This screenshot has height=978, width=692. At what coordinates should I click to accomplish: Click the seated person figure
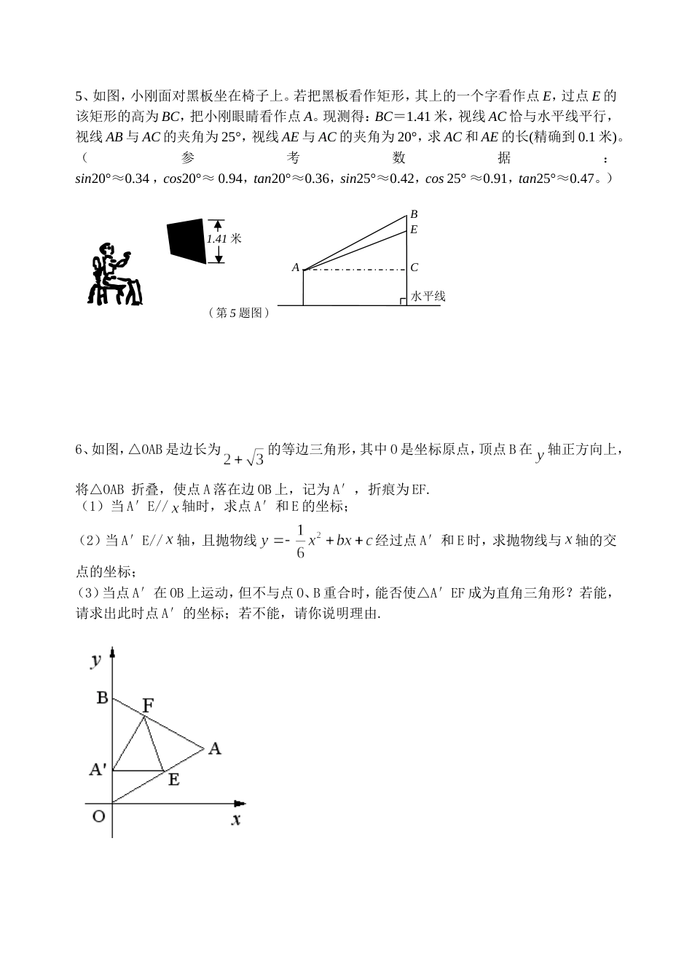point(114,274)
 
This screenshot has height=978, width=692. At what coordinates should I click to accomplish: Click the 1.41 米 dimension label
point(224,238)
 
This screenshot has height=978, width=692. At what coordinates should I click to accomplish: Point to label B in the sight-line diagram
point(414,214)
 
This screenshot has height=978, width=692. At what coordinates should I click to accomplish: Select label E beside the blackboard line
point(414,230)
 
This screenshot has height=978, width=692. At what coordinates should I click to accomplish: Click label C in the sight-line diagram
point(414,268)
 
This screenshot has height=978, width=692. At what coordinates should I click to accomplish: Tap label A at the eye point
point(296,268)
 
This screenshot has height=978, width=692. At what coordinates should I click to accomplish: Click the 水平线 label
point(428,297)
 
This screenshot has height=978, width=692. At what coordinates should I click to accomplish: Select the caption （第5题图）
point(239,313)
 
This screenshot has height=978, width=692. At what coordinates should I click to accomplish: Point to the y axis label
point(95,660)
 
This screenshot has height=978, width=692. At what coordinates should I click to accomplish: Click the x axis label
point(236,819)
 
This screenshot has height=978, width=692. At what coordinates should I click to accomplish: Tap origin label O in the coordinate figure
point(99,816)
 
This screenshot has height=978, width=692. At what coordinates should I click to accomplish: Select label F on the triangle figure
point(148,705)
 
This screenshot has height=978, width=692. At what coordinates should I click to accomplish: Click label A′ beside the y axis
point(98,769)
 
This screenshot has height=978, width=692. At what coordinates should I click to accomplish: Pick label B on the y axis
point(102,698)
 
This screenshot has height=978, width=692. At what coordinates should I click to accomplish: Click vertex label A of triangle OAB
point(214,748)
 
